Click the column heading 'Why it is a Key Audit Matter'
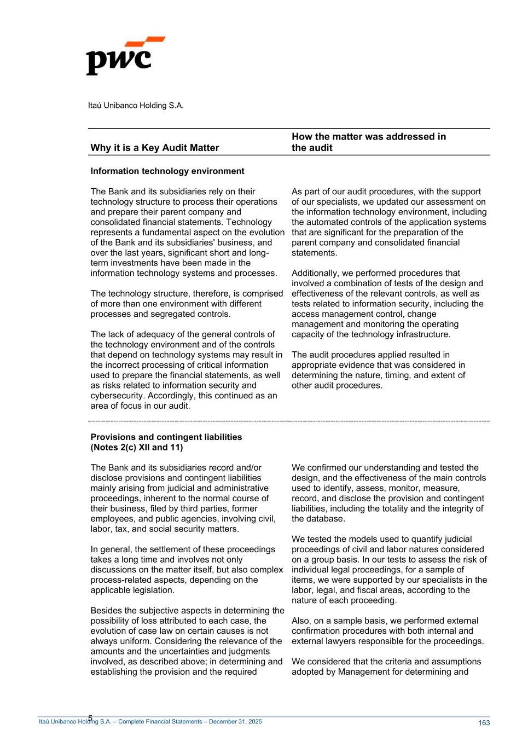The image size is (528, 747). pyautogui.click(x=154, y=148)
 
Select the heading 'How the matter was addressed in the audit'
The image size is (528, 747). pyautogui.click(x=368, y=142)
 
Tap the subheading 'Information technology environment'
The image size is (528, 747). pyautogui.click(x=167, y=171)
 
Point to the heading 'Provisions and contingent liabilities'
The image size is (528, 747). pyautogui.click(x=166, y=437)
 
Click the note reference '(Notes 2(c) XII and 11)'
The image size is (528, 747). pyautogui.click(x=136, y=447)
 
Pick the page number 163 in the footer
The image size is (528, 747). pyautogui.click(x=484, y=723)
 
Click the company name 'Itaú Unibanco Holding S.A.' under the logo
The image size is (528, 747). pyautogui.click(x=136, y=105)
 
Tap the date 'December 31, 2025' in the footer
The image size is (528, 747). pyautogui.click(x=236, y=722)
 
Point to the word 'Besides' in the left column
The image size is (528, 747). pyautogui.click(x=105, y=610)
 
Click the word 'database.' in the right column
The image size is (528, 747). pyautogui.click(x=310, y=519)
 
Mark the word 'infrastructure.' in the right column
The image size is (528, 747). pyautogui.click(x=423, y=334)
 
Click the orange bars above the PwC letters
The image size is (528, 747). pyautogui.click(x=144, y=42)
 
